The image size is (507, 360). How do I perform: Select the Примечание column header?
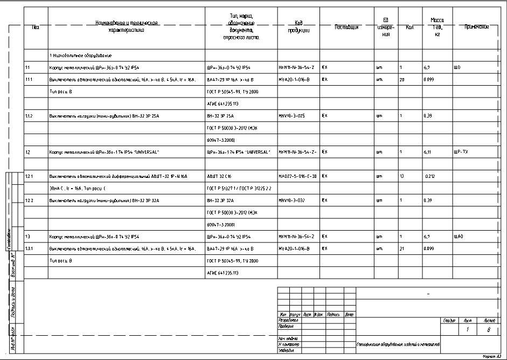point(476,26)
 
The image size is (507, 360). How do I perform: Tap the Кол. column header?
point(408,27)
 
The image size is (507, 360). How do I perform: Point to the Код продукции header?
point(298,27)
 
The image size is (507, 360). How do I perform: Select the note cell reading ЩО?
point(458,67)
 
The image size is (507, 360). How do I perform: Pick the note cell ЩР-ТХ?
point(461,152)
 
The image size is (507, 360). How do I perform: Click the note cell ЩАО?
point(459,236)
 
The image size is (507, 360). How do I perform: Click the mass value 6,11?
point(428,152)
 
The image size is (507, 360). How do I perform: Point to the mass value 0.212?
point(429,176)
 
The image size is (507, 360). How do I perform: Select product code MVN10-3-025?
point(291,115)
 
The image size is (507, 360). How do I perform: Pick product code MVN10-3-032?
point(291,200)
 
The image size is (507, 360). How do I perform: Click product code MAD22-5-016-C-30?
point(297,176)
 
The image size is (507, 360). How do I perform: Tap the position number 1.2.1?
point(30,176)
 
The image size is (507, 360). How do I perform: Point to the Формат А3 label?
point(492,356)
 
